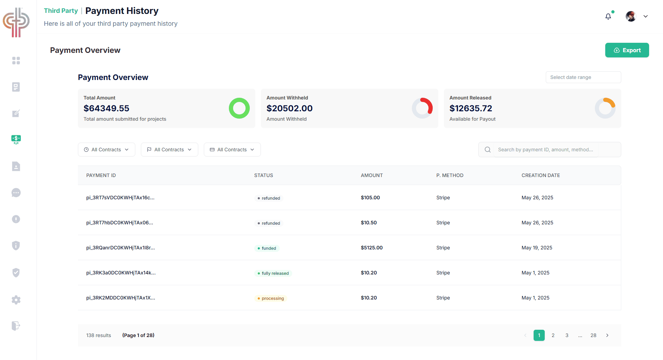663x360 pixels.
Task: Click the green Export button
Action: pyautogui.click(x=627, y=50)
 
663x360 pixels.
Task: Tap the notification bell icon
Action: pyautogui.click(x=608, y=16)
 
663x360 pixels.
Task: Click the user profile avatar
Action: pyautogui.click(x=631, y=16)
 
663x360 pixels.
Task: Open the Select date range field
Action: pyautogui.click(x=583, y=77)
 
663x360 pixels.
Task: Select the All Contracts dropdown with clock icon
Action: pyautogui.click(x=106, y=150)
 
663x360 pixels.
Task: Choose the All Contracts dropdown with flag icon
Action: pyautogui.click(x=169, y=150)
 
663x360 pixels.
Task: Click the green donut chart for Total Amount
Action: pyautogui.click(x=239, y=108)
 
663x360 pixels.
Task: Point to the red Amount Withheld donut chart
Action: pyautogui.click(x=422, y=108)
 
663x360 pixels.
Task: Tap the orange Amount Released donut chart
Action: pyautogui.click(x=605, y=108)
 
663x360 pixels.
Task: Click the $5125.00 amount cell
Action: pyautogui.click(x=372, y=248)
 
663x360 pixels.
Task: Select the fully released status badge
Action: pyautogui.click(x=273, y=273)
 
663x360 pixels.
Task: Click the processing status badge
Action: pyautogui.click(x=271, y=298)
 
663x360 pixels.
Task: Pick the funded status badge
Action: pyautogui.click(x=267, y=248)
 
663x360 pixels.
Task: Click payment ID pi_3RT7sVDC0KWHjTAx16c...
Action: pyautogui.click(x=120, y=198)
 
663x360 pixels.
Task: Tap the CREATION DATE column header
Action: pyautogui.click(x=541, y=175)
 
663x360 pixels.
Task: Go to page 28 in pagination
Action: pyautogui.click(x=593, y=335)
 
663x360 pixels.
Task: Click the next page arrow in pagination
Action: pyautogui.click(x=607, y=335)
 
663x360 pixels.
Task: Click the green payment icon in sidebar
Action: pyautogui.click(x=16, y=139)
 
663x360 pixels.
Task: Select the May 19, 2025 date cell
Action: pyautogui.click(x=537, y=248)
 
